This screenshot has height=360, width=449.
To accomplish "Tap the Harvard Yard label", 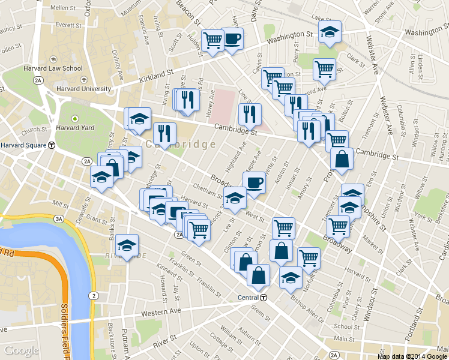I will pyautogui.click(x=75, y=127).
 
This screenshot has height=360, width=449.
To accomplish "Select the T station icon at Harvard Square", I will pyautogui.click(x=52, y=145).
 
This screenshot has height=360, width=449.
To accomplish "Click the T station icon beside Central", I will pyautogui.click(x=263, y=298).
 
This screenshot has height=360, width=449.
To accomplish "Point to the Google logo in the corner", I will pyautogui.click(x=22, y=350).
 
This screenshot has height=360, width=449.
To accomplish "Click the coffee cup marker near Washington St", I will pyautogui.click(x=232, y=40).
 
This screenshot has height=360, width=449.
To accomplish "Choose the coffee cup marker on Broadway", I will pyautogui.click(x=254, y=182).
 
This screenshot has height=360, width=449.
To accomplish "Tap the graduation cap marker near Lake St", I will pyautogui.click(x=329, y=32).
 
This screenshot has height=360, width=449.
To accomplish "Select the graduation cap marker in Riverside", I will pyautogui.click(x=127, y=245).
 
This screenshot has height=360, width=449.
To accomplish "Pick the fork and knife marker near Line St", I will pyautogui.click(x=250, y=113).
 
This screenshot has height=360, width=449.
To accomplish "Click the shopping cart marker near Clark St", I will pyautogui.click(x=324, y=69).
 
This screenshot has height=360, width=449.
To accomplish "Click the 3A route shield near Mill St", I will pyautogui.click(x=59, y=220).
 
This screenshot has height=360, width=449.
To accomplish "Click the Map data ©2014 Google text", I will pyautogui.click(x=412, y=356).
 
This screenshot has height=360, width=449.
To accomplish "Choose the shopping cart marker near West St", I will pyautogui.click(x=283, y=227).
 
